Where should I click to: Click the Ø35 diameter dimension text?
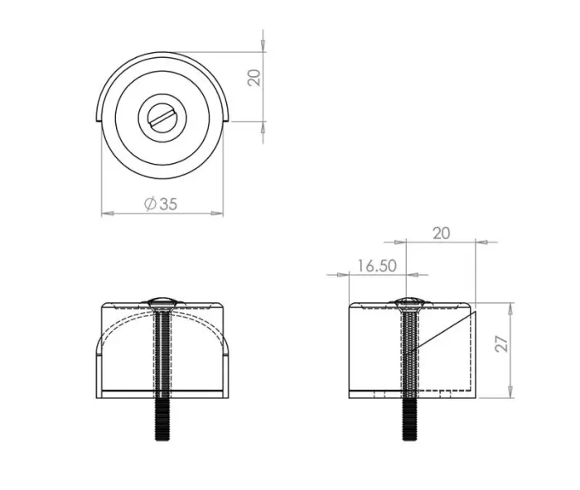click(160, 204)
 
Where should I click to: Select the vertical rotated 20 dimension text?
click(255, 77)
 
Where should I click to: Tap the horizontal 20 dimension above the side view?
click(441, 233)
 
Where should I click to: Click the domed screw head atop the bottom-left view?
click(162, 300)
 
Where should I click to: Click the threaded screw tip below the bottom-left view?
click(162, 422)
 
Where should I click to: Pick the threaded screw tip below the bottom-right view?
click(410, 422)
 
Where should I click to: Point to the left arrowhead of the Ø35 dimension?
click(105, 214)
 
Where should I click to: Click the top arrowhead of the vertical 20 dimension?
click(263, 36)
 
